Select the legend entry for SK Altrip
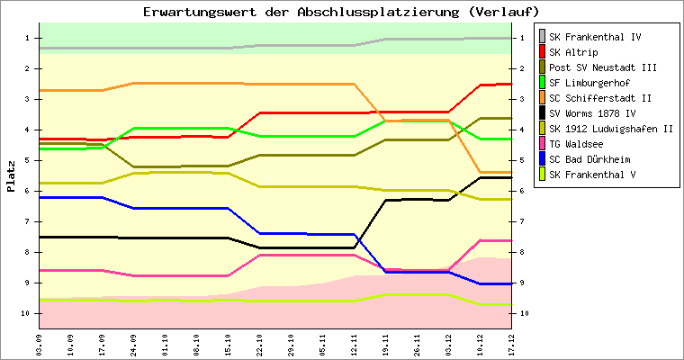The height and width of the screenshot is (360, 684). point(574,52)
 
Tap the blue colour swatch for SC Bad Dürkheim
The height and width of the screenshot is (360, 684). point(542,159)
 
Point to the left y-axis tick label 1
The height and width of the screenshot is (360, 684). point(29,38)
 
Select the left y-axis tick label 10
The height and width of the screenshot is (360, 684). point(27,313)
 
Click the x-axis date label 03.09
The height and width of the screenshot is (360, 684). point(39,343)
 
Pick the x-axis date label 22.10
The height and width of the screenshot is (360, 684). point(259,343)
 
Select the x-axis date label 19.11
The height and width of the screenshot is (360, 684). point(385,343)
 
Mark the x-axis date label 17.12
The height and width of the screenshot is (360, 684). point(511,343)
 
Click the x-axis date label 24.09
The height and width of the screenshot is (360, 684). point(133,343)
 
